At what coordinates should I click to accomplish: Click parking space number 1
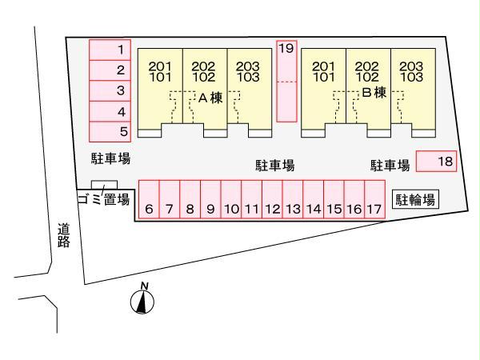point(110,50)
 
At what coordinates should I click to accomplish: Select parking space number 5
point(110,131)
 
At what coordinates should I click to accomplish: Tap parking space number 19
point(286,80)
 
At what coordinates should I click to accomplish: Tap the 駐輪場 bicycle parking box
point(416,199)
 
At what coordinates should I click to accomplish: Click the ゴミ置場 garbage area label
point(103,200)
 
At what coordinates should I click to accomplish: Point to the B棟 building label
point(374,93)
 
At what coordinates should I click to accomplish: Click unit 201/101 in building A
point(161,72)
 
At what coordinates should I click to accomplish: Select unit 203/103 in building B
point(411,72)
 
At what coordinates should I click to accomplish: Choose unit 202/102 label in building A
point(205,72)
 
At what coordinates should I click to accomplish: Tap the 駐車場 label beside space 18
point(390,166)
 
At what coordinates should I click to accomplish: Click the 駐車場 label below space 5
point(110,159)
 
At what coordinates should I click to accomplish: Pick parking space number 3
point(110,90)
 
